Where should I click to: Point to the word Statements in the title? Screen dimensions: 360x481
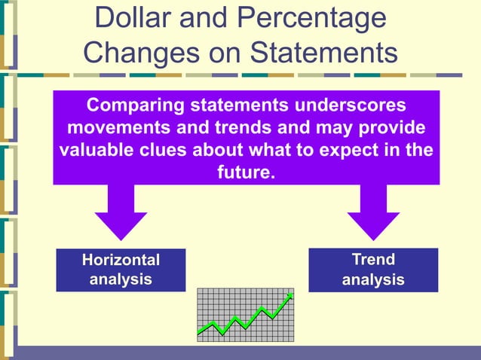click(x=323, y=52)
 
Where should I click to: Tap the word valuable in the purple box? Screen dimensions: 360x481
click(x=94, y=149)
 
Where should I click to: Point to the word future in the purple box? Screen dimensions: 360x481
click(x=243, y=172)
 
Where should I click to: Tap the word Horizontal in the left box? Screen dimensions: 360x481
click(x=121, y=260)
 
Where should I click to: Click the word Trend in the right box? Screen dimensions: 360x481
click(x=373, y=260)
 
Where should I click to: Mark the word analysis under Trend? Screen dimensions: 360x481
click(x=373, y=280)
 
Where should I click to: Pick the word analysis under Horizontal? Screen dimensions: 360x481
click(x=121, y=279)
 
